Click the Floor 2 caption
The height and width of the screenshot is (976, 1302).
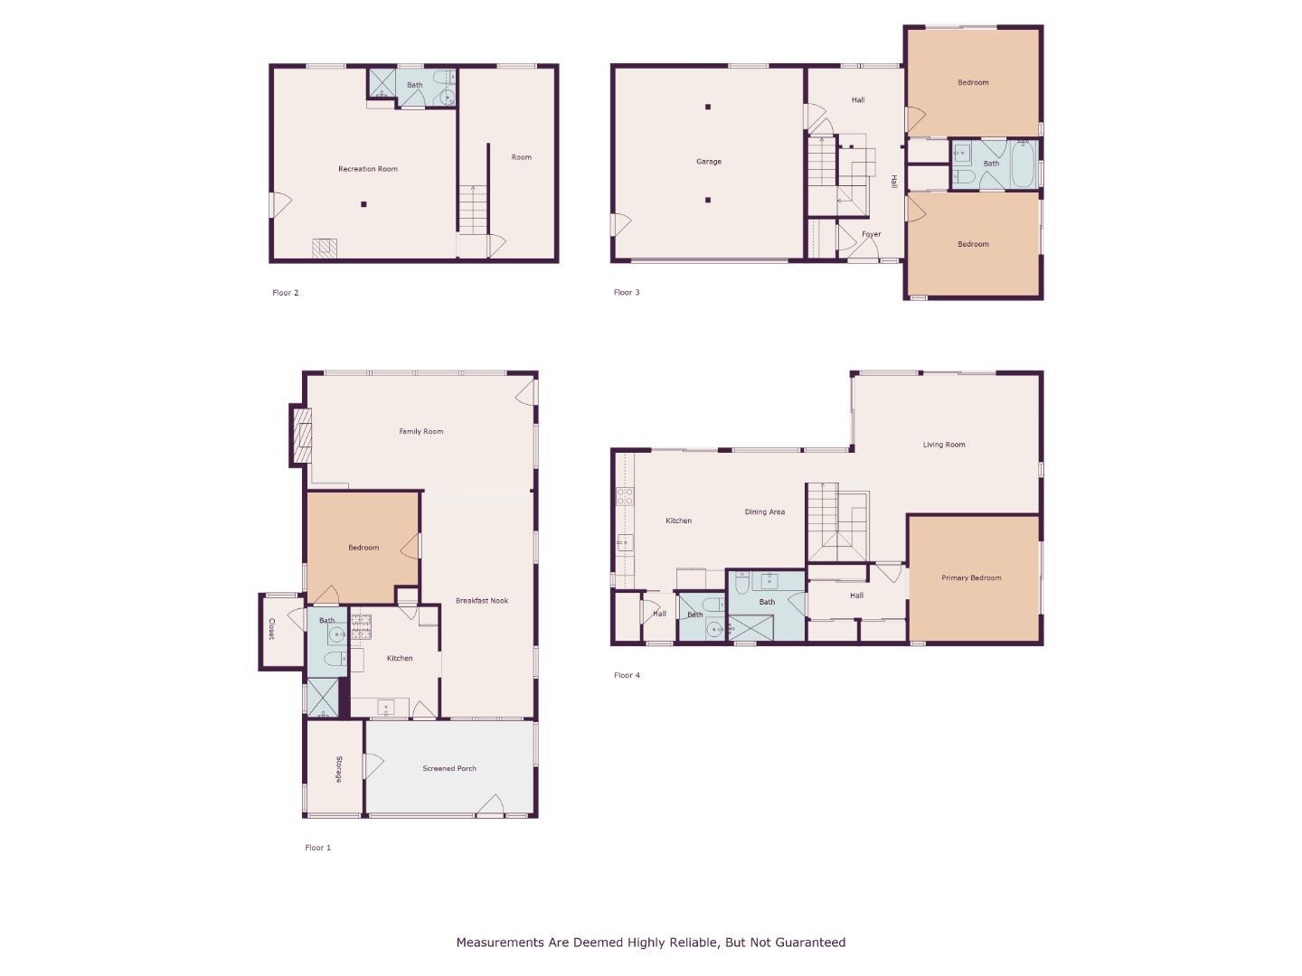(285, 293)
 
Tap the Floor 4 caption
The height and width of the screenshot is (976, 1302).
(627, 675)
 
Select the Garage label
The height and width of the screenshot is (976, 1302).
(708, 162)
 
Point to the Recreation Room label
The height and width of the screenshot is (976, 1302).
(367, 169)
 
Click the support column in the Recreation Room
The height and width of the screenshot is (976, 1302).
(363, 204)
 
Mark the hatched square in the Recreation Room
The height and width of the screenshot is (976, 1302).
(325, 249)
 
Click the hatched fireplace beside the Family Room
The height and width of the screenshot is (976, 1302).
(302, 435)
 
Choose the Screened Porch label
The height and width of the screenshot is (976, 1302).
(449, 769)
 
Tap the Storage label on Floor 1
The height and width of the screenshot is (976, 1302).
(339, 769)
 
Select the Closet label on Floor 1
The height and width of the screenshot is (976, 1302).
(270, 630)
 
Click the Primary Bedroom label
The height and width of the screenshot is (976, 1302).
(971, 578)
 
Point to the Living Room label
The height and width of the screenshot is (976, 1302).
(943, 445)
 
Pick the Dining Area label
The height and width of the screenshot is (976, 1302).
(764, 512)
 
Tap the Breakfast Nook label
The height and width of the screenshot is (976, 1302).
(481, 601)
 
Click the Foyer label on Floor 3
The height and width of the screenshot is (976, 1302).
(871, 235)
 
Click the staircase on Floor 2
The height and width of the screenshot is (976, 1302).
(471, 209)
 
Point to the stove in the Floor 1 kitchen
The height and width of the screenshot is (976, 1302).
(361, 626)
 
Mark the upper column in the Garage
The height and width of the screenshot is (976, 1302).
(708, 107)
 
